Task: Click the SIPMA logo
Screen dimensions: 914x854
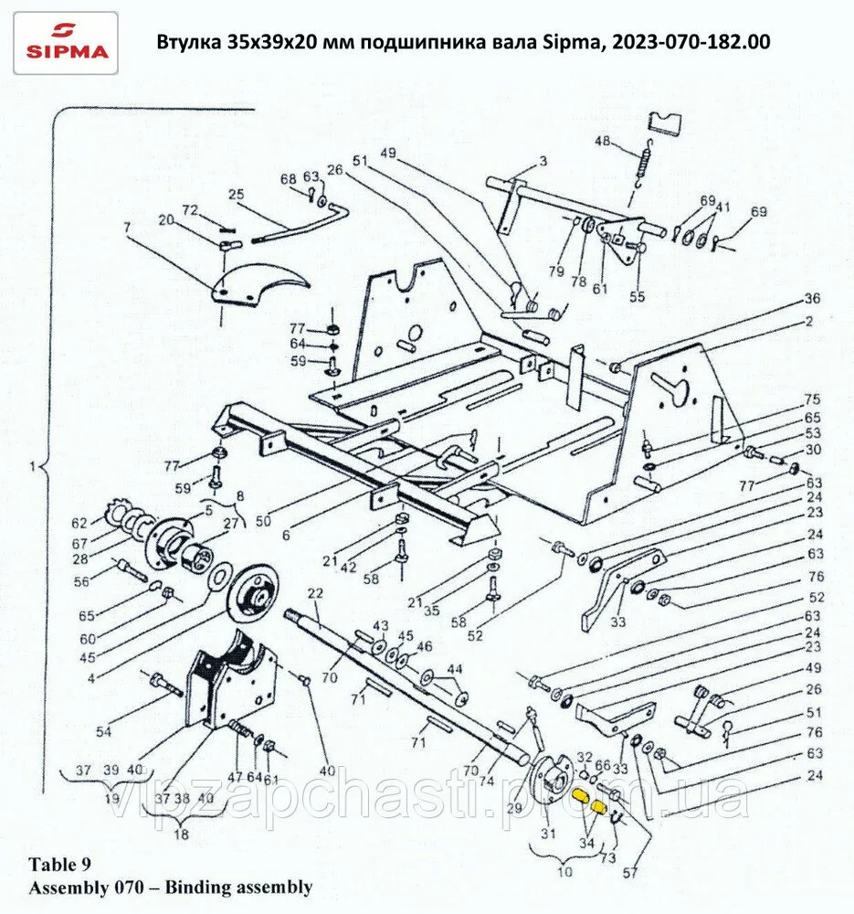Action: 66,42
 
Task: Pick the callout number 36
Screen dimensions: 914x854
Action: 812,299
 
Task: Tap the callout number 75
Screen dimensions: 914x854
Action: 812,399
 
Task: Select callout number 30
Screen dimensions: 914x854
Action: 812,449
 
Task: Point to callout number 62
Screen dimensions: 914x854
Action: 80,524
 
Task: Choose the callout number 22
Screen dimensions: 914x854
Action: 315,594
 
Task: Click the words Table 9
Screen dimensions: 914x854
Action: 60,864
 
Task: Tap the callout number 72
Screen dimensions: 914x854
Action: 190,210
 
